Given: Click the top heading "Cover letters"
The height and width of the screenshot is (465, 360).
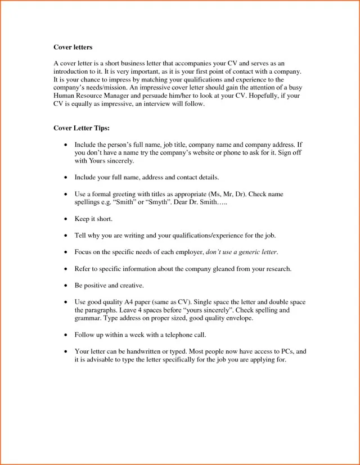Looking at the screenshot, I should [x=73, y=47].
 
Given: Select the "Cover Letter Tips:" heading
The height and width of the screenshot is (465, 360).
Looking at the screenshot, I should [x=82, y=128].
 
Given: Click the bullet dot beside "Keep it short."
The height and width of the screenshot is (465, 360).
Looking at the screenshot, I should [x=66, y=219].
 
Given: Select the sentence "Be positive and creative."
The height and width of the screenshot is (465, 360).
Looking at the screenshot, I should [x=109, y=285].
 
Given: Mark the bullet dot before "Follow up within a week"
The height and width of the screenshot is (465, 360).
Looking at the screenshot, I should [x=66, y=335].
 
